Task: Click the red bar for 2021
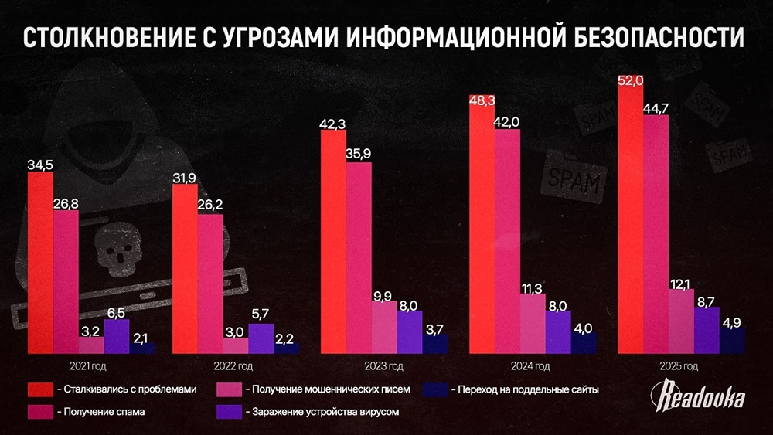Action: click(40, 263)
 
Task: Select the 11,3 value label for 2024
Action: click(533, 290)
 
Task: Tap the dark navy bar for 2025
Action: click(731, 341)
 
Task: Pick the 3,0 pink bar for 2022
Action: click(236, 345)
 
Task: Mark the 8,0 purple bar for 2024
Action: click(557, 332)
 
